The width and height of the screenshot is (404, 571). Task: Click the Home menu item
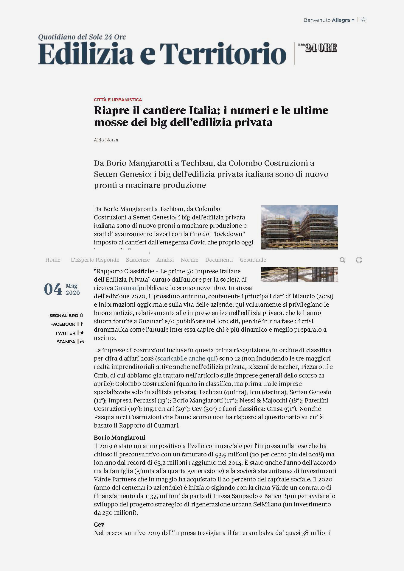point(53,260)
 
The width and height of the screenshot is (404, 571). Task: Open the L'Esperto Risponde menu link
point(95,260)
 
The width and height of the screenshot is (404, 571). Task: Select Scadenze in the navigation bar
point(138,260)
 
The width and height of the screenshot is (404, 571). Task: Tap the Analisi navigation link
point(165,260)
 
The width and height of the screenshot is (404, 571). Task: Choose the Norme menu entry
point(189,260)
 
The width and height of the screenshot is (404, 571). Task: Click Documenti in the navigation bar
point(219,260)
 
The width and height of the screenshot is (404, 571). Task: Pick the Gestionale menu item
point(253,260)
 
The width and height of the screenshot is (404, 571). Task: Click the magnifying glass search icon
point(342,260)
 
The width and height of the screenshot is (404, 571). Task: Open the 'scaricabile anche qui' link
point(187,358)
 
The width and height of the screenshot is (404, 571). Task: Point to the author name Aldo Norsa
point(106,140)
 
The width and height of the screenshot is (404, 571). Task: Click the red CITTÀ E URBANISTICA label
point(118,100)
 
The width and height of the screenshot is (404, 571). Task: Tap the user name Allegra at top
point(341,20)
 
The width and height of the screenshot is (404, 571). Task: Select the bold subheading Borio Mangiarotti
point(119,438)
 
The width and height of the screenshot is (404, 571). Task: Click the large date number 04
point(53,289)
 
